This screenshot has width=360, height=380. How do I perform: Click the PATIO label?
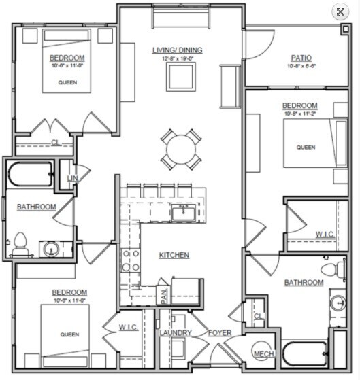[x=301, y=58]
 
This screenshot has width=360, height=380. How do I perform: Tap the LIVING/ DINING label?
[x=178, y=50]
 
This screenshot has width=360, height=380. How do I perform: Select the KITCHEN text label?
[x=174, y=255]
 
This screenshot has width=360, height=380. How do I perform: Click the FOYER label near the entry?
[x=220, y=333]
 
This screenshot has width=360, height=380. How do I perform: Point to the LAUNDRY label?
[x=176, y=333]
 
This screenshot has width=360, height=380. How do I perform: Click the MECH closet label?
[x=263, y=354]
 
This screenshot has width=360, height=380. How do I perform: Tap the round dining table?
[x=182, y=148]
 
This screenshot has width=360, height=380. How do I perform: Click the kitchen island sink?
[x=182, y=213]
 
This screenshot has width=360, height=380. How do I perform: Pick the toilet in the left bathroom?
[x=20, y=244]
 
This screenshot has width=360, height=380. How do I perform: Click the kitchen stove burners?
[x=130, y=260]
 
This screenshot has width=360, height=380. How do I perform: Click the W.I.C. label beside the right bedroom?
[x=325, y=235]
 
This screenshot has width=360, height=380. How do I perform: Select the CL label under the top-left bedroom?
[x=55, y=143]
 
